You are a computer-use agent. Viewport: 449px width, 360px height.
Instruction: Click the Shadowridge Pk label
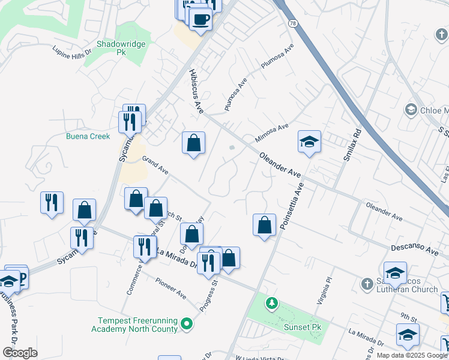[x=121, y=48]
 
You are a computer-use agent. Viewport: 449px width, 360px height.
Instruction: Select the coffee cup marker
[x=200, y=20]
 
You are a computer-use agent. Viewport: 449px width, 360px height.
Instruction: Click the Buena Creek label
[x=88, y=136]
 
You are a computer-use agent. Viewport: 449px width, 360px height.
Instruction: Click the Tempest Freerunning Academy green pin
[x=187, y=325]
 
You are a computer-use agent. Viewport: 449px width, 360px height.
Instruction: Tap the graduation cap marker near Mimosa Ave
[x=309, y=142]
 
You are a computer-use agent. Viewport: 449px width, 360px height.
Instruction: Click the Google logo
[x=20, y=353]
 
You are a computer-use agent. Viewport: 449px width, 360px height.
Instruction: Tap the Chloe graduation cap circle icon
[x=411, y=110]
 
